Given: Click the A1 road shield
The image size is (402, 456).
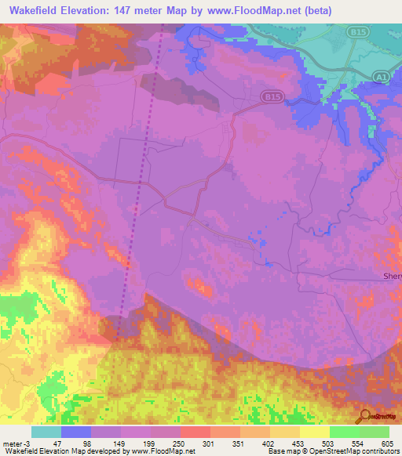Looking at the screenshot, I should (381, 75).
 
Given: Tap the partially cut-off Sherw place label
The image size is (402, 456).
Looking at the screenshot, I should (392, 276).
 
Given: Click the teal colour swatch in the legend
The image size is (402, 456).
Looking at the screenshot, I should (46, 432).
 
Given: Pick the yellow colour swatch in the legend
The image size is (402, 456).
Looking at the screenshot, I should (314, 432).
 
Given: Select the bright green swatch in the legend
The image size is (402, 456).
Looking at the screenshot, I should (344, 432).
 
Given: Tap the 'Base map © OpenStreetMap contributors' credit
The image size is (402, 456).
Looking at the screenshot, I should (333, 451).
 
